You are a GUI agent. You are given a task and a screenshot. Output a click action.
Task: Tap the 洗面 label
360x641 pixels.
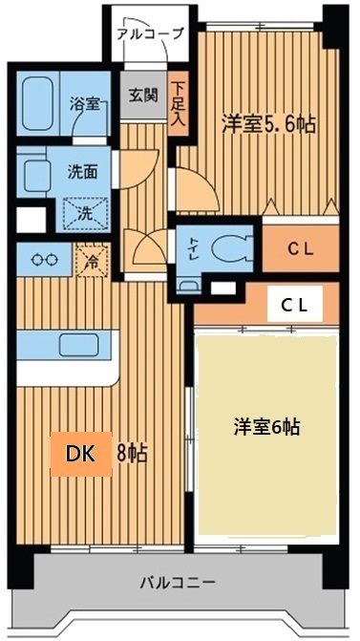pos(81,174)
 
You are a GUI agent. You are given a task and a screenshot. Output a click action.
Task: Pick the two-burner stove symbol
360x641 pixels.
pos(44,258)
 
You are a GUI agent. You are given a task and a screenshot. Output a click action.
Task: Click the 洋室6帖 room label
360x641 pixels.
pos(266,427)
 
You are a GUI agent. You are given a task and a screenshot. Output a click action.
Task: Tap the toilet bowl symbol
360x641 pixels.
pos(228,247)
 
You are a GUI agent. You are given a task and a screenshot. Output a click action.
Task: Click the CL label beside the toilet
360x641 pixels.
pos(301,248)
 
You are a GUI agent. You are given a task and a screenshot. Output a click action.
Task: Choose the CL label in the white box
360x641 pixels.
pos(294,305)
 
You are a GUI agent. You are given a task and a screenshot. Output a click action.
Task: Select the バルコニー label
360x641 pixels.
pos(181,582)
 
